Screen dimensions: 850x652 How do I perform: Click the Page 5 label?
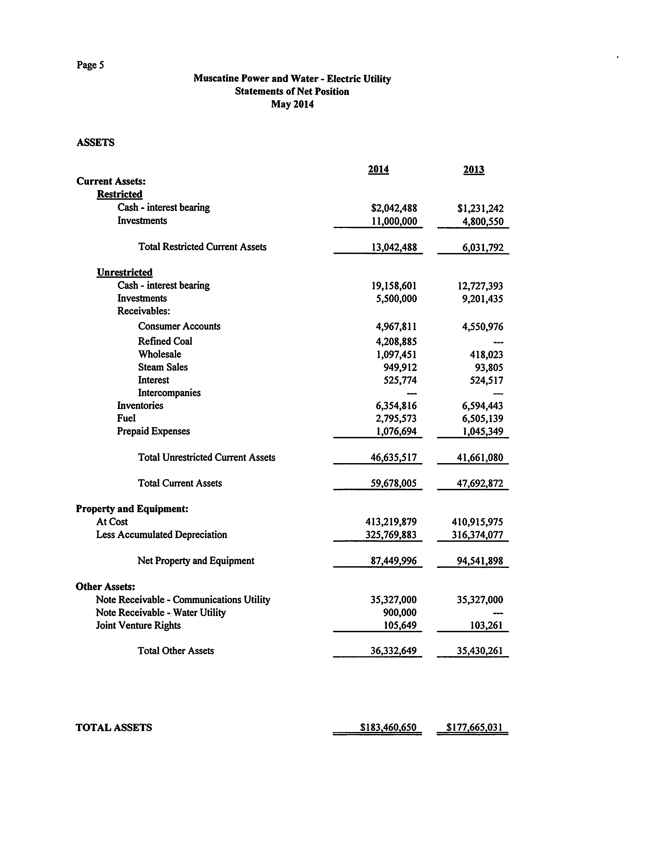coord(90,65)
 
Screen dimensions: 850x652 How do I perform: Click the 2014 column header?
coord(378,169)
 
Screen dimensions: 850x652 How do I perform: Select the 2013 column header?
coord(474,169)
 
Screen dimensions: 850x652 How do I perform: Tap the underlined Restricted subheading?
coord(120,194)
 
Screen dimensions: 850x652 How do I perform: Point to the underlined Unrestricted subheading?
coord(125,272)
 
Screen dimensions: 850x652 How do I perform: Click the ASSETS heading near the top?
coord(95,143)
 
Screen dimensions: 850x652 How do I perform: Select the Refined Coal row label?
coord(165,341)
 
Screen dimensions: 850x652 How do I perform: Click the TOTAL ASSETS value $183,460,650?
coord(388,727)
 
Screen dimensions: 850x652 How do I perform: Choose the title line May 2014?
coord(292,104)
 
